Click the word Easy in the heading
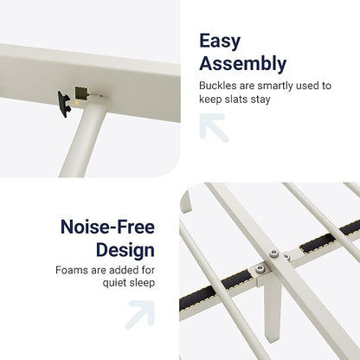point(220,42)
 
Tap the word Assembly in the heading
point(243,64)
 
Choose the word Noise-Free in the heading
point(107,227)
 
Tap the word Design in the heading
point(125,250)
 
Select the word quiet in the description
point(114,283)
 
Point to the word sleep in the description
point(142,283)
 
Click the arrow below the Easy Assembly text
point(214,128)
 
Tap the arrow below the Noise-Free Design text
point(140,315)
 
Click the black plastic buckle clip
point(65,104)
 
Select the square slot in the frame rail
point(80,93)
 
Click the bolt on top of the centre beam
point(273,254)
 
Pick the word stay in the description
point(260,100)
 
